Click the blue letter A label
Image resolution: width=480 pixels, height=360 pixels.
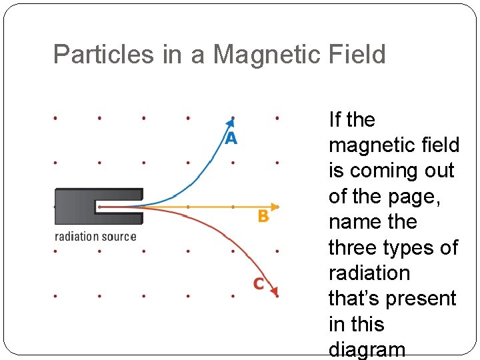tap(230, 138)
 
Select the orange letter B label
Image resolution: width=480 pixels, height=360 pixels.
tap(263, 217)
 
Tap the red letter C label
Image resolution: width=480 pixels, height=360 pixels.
tap(259, 284)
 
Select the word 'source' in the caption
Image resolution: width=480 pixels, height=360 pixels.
tap(120, 237)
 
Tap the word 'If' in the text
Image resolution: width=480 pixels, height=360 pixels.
tap(335, 120)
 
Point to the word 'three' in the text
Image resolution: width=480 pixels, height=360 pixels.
tap(357, 247)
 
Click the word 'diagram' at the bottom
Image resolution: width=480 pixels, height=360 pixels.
tap(367, 349)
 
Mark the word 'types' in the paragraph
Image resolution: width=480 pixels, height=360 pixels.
tap(415, 247)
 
